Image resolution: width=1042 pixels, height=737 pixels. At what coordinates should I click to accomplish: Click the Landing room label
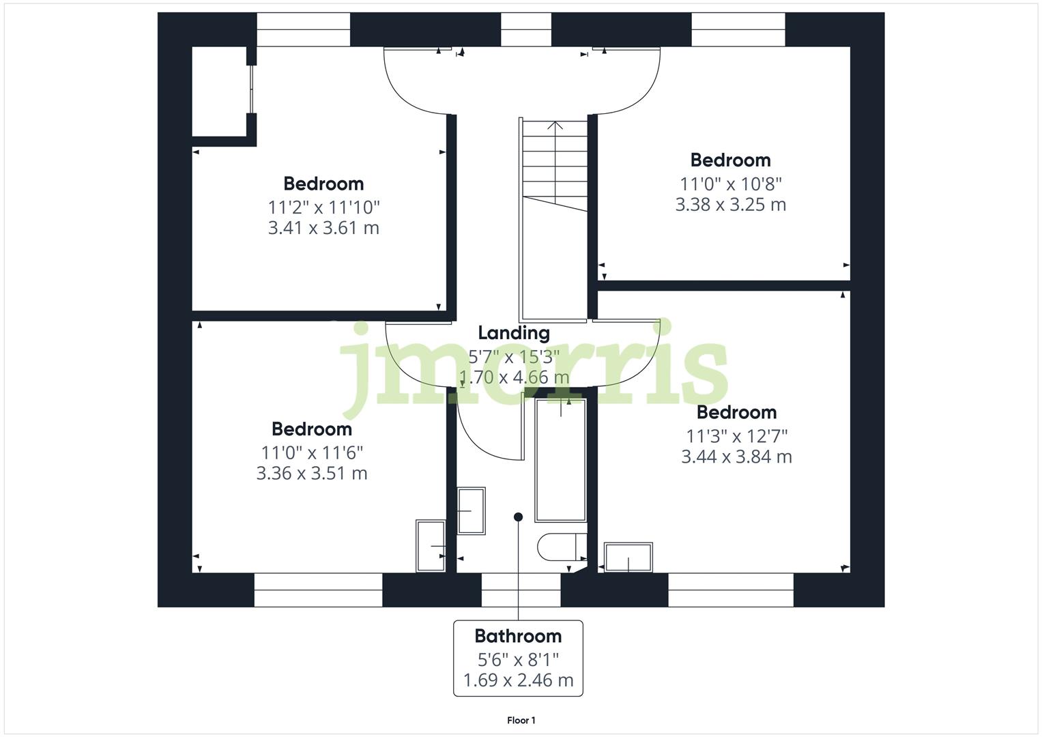click(x=513, y=333)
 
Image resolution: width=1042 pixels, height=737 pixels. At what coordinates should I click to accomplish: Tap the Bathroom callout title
click(x=518, y=636)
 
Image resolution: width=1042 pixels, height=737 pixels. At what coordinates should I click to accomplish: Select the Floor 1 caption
click(x=521, y=720)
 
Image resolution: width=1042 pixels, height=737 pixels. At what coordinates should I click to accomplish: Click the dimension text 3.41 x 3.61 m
click(x=323, y=228)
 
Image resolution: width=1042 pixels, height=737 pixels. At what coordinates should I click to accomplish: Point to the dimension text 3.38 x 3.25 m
click(x=730, y=205)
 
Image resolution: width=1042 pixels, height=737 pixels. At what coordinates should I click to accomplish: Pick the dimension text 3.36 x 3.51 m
click(x=312, y=473)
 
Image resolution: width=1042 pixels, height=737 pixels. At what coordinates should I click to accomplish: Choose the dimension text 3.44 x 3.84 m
click(x=736, y=457)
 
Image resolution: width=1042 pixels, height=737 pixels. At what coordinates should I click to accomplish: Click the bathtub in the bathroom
click(x=560, y=461)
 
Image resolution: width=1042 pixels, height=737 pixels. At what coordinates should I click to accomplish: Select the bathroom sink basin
click(x=471, y=510)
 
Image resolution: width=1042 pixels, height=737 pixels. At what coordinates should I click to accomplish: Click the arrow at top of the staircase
click(x=555, y=126)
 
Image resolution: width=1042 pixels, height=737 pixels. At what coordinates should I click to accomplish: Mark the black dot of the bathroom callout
click(x=518, y=517)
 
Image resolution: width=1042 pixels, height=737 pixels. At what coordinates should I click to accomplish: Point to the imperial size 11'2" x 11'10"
click(x=323, y=207)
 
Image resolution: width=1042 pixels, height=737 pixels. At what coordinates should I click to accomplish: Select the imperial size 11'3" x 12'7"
click(x=736, y=435)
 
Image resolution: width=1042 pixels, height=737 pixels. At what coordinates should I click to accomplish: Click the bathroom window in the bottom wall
click(x=521, y=590)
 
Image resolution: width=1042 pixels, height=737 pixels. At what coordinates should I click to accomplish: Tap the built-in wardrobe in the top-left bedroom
click(x=218, y=91)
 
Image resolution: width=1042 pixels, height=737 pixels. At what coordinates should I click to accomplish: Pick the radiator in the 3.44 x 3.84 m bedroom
click(x=628, y=557)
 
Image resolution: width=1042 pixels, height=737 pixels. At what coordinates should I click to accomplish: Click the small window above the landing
click(x=525, y=29)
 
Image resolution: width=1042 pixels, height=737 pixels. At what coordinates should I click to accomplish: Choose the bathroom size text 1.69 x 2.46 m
click(x=518, y=680)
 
